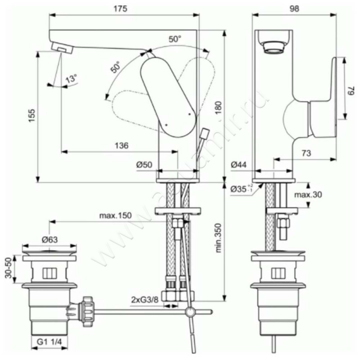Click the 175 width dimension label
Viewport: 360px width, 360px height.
coord(120,9)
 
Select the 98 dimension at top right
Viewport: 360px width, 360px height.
coord(294,9)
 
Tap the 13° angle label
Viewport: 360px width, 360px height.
coord(72,79)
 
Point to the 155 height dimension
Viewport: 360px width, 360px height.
coord(32,116)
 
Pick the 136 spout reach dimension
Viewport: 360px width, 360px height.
coord(121,145)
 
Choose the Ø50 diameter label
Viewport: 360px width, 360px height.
coord(144,164)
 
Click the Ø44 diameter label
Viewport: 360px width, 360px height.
coord(239,164)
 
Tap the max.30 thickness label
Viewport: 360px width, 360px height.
coord(308,195)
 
